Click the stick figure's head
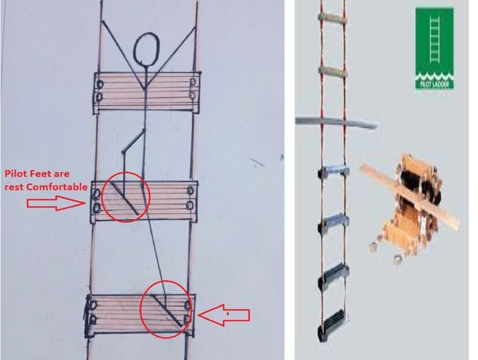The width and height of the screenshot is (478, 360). point(147,49)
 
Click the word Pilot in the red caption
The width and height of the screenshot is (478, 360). point(15,174)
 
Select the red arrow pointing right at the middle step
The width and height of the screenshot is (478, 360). point(56,203)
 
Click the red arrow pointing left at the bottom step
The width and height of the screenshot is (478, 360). point(224,315)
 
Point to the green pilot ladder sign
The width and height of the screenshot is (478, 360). point(434,49)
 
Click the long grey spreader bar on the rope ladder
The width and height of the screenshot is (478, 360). point(337,122)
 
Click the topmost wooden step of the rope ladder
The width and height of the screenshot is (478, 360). point(332,18)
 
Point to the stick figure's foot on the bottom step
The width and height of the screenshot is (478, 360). point(167,311)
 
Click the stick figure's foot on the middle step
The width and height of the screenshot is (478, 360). point(124,199)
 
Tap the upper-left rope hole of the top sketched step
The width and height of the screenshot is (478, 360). point(99,84)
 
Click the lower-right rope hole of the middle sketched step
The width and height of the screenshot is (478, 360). point(190,206)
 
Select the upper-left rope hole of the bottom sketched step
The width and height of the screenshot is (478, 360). point(93,305)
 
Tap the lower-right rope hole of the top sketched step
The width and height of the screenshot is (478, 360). point(192,95)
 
